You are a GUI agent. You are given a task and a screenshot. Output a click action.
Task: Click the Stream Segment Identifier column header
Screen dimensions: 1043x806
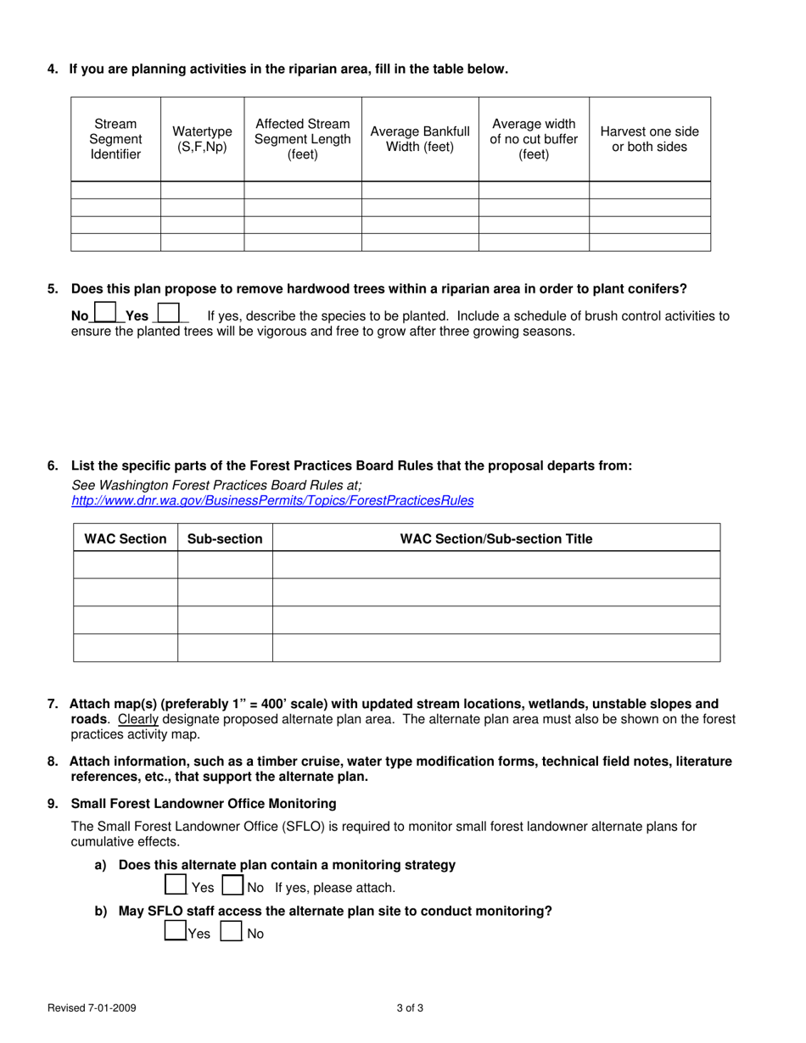click(115, 139)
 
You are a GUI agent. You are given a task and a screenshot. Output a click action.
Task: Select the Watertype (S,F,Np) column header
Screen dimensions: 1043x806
click(202, 139)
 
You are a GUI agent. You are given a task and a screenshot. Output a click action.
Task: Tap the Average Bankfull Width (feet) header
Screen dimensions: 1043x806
click(420, 139)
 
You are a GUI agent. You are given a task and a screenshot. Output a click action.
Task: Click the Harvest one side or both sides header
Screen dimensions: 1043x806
click(649, 139)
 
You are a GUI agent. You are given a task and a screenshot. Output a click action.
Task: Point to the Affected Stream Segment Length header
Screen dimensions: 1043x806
click(302, 139)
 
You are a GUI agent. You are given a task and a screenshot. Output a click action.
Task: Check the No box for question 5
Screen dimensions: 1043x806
click(104, 313)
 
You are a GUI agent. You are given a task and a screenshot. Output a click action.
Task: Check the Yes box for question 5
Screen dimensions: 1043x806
click(168, 313)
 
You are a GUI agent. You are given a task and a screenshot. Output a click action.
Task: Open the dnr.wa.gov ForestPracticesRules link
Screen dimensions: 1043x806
click(272, 501)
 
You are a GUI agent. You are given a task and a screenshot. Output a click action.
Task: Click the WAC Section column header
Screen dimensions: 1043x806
click(126, 538)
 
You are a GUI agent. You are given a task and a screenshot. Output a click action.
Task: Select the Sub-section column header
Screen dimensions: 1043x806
click(225, 538)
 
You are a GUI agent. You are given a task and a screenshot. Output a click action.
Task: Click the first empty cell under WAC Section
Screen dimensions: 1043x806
click(126, 565)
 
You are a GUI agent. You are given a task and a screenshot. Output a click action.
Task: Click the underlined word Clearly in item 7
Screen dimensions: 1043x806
click(137, 719)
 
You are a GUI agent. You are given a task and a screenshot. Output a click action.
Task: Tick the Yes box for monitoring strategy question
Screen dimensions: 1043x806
click(175, 886)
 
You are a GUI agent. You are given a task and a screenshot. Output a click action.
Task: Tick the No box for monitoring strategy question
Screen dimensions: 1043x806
click(232, 886)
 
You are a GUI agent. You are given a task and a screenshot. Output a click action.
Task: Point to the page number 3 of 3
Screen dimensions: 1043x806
click(409, 1008)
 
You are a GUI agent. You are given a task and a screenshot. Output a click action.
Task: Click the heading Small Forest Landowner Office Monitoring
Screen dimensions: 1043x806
click(204, 803)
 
